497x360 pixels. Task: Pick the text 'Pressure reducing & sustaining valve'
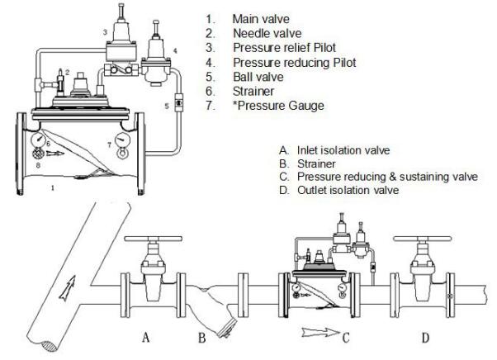point(381,177)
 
